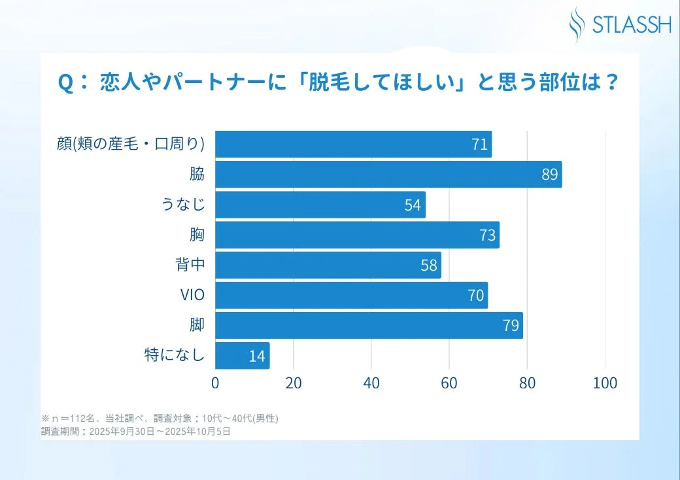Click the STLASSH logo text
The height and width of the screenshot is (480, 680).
click(x=631, y=25)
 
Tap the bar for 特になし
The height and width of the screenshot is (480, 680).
click(x=242, y=356)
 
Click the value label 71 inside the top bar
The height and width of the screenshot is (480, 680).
click(x=479, y=145)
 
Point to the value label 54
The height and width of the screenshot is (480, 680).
click(x=413, y=205)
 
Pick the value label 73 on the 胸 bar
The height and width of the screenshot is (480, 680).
click(x=487, y=235)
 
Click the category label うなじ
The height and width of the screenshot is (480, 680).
click(x=183, y=205)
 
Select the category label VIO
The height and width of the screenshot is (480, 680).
click(x=192, y=296)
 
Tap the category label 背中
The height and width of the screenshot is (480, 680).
click(x=190, y=266)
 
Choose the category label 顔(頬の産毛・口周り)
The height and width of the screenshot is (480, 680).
click(x=131, y=144)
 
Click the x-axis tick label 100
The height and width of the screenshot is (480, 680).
click(x=605, y=383)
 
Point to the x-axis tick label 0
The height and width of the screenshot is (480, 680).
click(x=215, y=383)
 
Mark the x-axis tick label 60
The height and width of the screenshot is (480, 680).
click(x=449, y=383)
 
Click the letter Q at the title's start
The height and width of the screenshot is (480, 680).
click(x=65, y=84)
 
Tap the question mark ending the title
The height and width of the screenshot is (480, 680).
click(x=611, y=84)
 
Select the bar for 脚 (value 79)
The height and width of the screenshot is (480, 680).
click(x=369, y=326)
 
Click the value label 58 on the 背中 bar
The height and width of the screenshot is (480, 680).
click(x=429, y=266)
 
